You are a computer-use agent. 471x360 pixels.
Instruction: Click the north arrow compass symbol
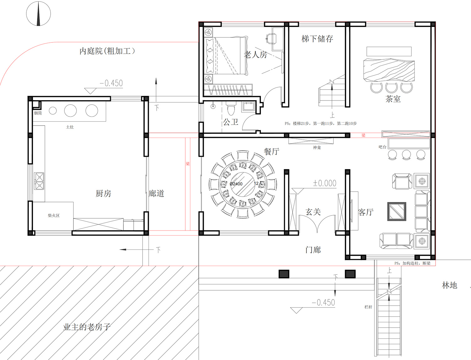(38, 14)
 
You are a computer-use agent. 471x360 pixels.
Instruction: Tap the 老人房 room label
(255, 55)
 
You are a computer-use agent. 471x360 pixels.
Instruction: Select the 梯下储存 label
(317, 39)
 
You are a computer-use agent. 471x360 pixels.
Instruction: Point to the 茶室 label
(393, 99)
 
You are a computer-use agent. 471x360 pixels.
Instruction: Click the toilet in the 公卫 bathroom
(231, 109)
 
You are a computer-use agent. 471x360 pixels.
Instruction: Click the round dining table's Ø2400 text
(236, 184)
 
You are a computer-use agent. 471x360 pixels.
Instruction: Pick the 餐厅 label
(271, 151)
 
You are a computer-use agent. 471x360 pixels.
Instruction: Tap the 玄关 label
(313, 212)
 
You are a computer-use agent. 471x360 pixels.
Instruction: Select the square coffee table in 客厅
(397, 211)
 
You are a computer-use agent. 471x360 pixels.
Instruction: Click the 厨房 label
(103, 194)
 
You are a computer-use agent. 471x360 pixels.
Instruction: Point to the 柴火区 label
(54, 215)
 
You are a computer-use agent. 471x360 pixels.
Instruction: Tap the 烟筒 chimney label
(38, 113)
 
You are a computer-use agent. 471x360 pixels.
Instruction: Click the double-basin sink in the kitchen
(39, 181)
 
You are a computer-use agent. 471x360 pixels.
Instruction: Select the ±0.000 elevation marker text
(324, 183)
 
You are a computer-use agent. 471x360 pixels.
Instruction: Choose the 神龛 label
(317, 147)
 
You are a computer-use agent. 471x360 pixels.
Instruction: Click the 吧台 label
(382, 147)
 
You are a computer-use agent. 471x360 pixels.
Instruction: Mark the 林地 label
(449, 285)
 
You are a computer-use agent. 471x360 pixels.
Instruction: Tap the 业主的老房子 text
(87, 327)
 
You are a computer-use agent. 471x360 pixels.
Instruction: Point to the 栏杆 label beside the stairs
(368, 307)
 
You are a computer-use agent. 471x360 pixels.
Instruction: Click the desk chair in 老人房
(271, 39)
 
